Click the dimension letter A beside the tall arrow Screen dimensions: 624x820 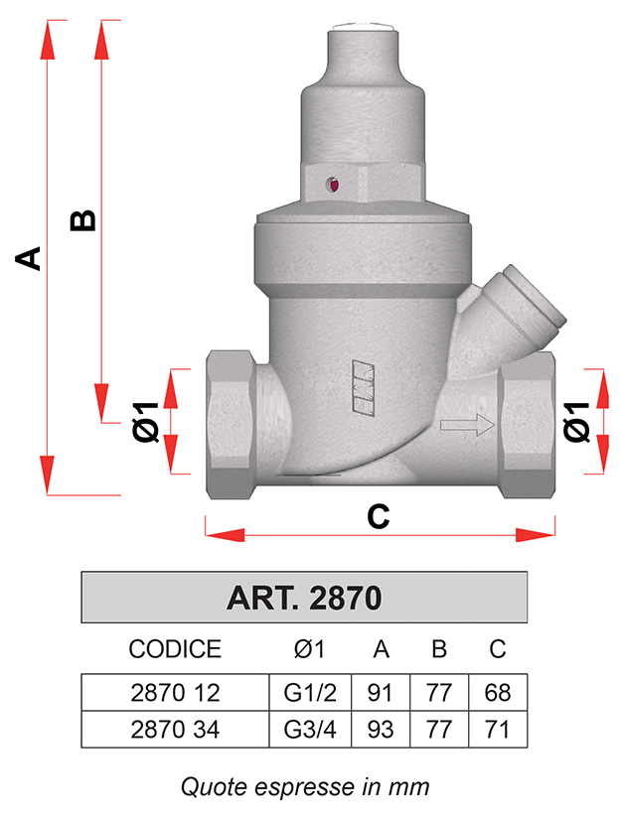(28, 258)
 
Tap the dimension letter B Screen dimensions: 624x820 (82, 220)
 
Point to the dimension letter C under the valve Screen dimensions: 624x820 (378, 516)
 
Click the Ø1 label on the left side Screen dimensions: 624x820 (145, 422)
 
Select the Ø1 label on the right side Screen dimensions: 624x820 (576, 422)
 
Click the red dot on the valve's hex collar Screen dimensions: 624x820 (335, 185)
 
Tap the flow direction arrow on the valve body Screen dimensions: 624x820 (467, 424)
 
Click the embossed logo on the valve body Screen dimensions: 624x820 (363, 388)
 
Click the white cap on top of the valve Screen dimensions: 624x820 (363, 26)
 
